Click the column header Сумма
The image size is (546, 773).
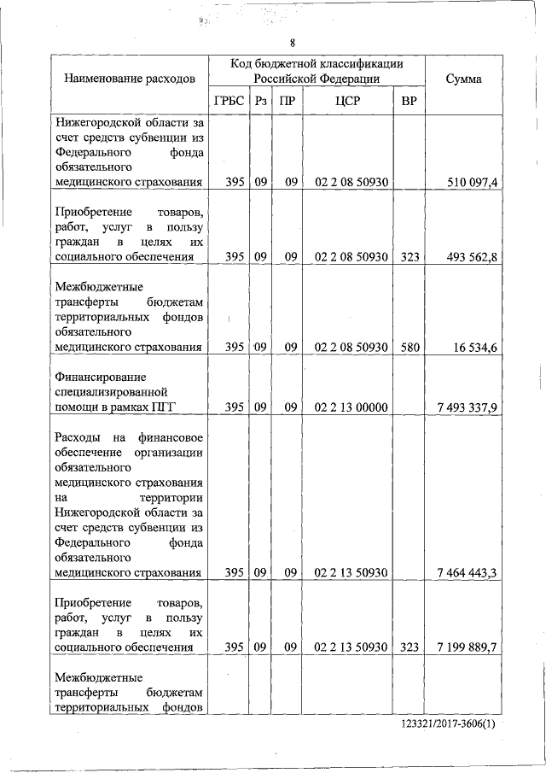463,79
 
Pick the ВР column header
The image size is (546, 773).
409,101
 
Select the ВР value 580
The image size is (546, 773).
409,348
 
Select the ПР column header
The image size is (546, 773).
288,101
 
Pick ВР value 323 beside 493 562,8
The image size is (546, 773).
409,256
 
